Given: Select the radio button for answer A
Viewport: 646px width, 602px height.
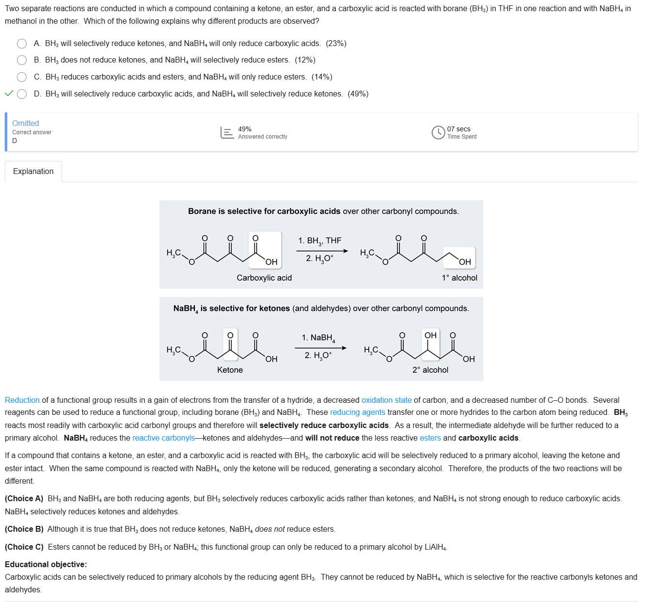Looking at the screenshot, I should tap(22, 44).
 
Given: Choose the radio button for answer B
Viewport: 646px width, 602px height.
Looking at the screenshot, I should tap(22, 60).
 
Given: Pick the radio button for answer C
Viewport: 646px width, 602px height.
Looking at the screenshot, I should tap(22, 77).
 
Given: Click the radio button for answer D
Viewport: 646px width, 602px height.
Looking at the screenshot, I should tap(22, 94).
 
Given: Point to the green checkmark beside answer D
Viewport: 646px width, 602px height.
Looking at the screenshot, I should tap(9, 94).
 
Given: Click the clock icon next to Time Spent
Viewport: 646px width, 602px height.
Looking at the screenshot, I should tap(438, 132).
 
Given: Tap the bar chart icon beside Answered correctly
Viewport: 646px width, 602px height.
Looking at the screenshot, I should tap(227, 132).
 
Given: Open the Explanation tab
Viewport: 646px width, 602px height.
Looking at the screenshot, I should tap(33, 172).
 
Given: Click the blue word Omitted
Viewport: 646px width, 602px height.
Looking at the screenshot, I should tap(26, 124).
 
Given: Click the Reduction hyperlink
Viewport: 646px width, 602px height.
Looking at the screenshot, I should tap(22, 400).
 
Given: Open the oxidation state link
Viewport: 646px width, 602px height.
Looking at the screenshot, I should tap(386, 400).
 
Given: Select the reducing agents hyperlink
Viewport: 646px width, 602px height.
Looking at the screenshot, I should tap(358, 412).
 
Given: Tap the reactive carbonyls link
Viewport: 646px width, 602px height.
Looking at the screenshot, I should tap(163, 438).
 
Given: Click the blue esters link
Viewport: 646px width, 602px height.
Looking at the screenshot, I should tap(430, 438).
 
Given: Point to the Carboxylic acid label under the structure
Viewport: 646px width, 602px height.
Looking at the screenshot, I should tap(264, 278).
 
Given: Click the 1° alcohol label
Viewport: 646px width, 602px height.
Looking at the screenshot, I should tap(459, 278).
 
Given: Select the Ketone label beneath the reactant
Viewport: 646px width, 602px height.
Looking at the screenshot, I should tap(230, 370).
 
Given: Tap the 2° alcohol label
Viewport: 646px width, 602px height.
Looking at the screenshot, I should tap(430, 370).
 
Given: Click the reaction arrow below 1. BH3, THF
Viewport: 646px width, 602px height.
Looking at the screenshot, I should tap(322, 251).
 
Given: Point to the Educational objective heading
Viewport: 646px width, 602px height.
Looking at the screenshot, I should tap(46, 565).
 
